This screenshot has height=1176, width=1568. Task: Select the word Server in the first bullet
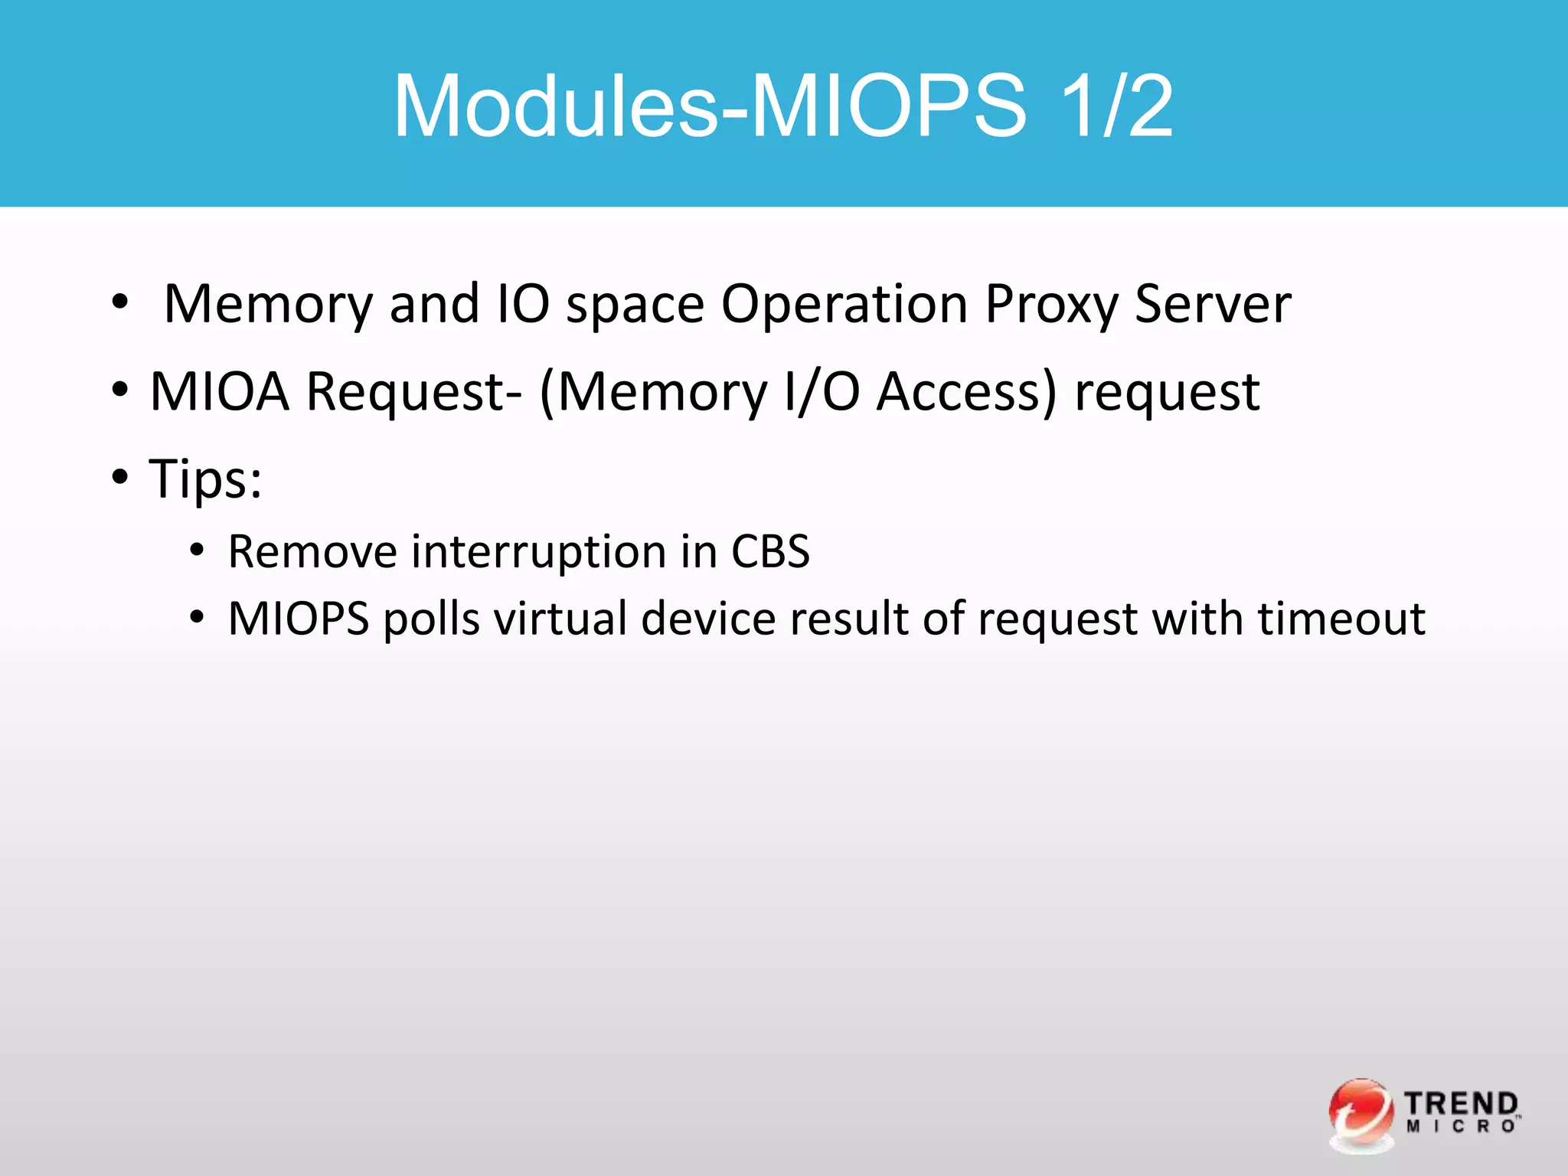click(x=1213, y=305)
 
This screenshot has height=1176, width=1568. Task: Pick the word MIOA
click(x=220, y=392)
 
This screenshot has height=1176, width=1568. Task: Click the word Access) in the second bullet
click(x=966, y=392)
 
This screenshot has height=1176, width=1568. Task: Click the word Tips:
click(x=205, y=480)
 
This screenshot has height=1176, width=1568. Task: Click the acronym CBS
click(x=770, y=551)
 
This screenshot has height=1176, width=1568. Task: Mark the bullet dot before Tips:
click(x=120, y=477)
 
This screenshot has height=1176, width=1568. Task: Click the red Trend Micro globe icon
click(x=1361, y=1114)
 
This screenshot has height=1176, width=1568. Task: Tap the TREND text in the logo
click(x=1461, y=1104)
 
